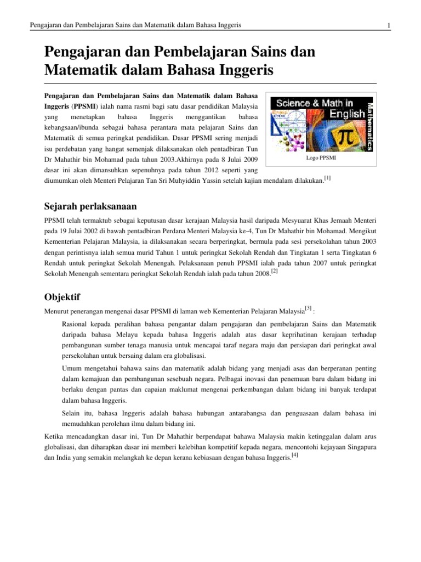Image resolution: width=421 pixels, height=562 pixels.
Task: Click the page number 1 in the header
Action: [388, 25]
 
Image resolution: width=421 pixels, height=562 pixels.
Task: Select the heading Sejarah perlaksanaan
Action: [90, 206]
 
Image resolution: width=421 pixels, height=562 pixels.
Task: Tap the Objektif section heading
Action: [61, 297]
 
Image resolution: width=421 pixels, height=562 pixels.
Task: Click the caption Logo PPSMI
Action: [321, 158]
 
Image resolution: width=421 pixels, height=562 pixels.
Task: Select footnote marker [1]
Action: [327, 177]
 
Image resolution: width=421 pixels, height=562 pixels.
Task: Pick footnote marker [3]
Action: [309, 308]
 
